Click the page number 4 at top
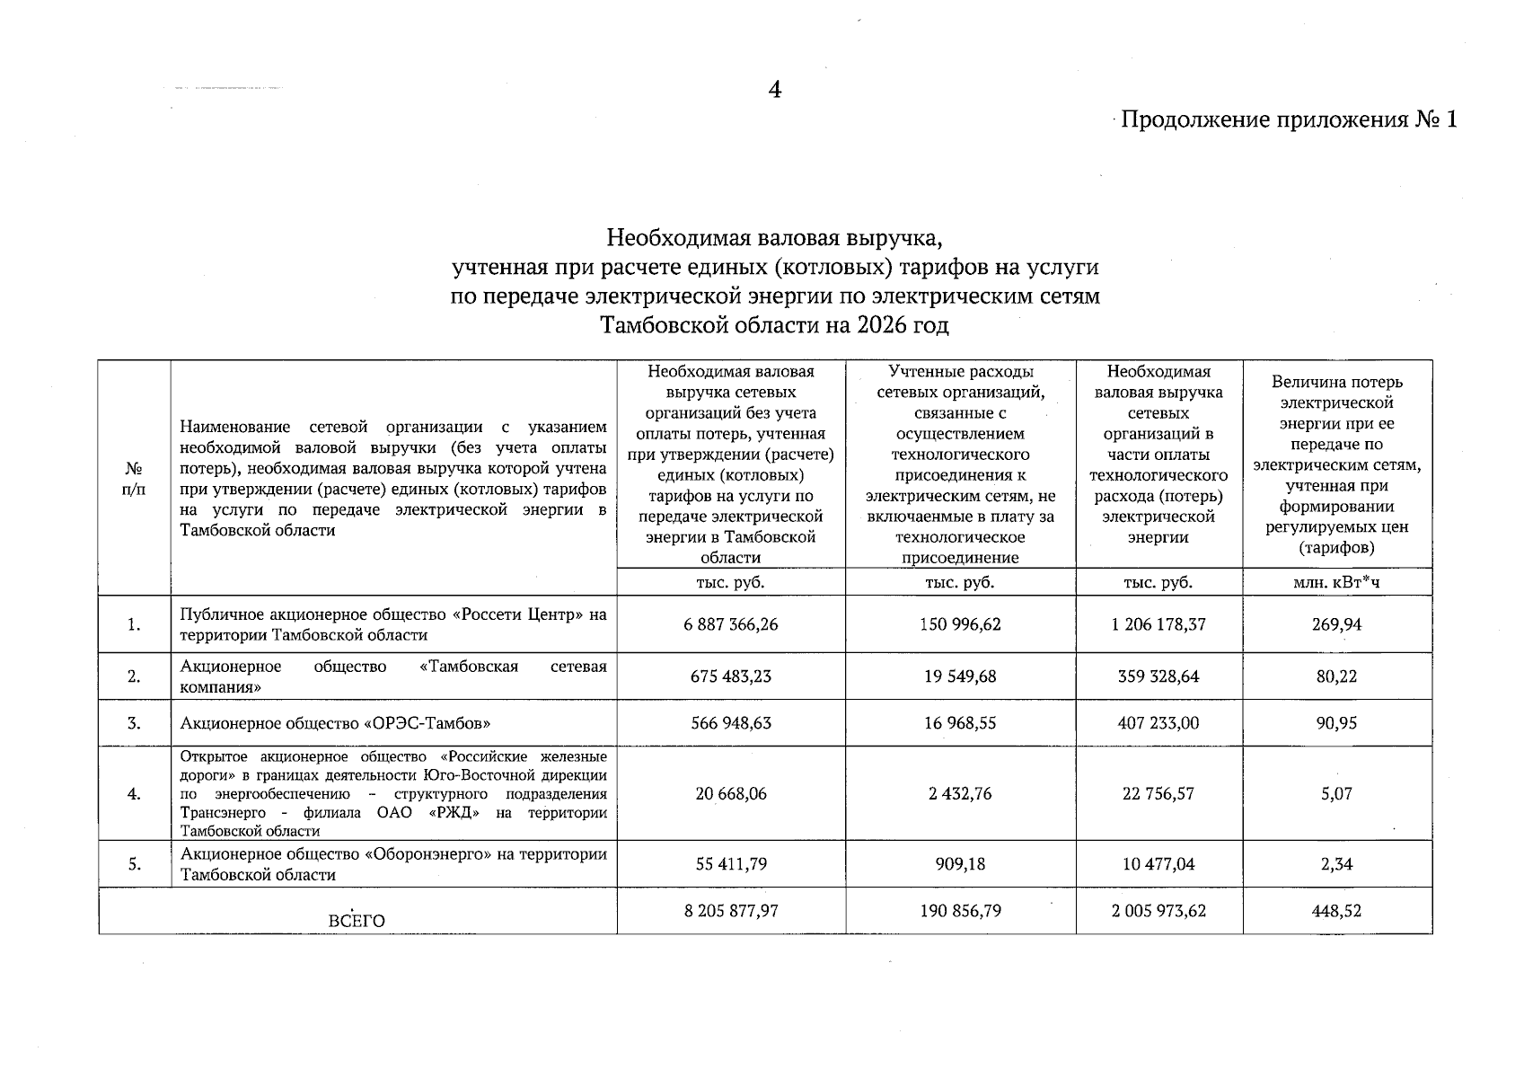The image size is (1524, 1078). point(774,90)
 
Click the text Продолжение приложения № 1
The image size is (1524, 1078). point(1288,119)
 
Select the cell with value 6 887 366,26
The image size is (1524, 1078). point(731,624)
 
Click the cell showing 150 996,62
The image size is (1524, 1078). point(960,624)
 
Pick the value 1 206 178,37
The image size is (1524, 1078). point(1158,624)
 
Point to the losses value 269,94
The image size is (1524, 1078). point(1336,624)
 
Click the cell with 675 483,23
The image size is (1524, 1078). point(731,676)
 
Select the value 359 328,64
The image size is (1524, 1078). point(1158,676)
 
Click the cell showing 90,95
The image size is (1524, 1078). point(1336,723)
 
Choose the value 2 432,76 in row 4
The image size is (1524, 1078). point(960,794)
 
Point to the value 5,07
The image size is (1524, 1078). point(1336,794)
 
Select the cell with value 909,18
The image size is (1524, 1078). point(960,864)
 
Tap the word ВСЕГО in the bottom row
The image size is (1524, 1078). point(357,922)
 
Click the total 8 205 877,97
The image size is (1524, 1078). point(731,911)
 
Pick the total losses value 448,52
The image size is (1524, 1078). point(1336,911)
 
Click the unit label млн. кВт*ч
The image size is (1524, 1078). point(1336,582)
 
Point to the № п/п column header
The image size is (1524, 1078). point(134,479)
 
